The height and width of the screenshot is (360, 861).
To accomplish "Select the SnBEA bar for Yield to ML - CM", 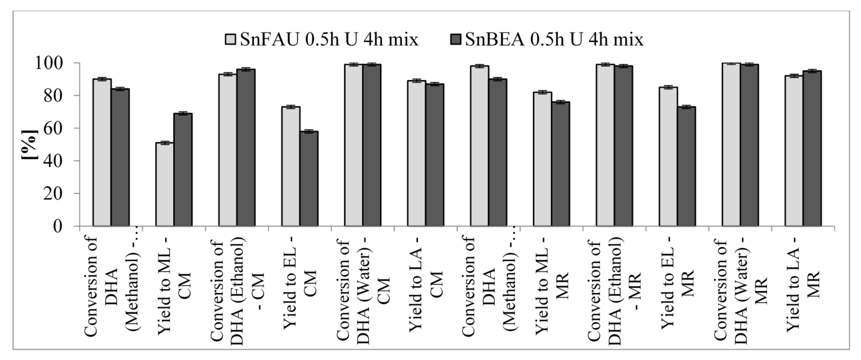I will click(x=183, y=170).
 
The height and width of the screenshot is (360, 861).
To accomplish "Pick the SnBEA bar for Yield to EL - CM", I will click(x=309, y=179).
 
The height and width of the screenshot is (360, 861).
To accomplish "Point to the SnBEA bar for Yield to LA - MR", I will click(x=812, y=148).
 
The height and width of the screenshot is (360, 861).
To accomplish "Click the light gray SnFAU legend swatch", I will click(x=231, y=40).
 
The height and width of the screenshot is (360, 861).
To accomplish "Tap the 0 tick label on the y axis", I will click(x=58, y=227).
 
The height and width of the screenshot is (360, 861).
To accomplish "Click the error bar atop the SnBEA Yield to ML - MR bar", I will click(x=561, y=102).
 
